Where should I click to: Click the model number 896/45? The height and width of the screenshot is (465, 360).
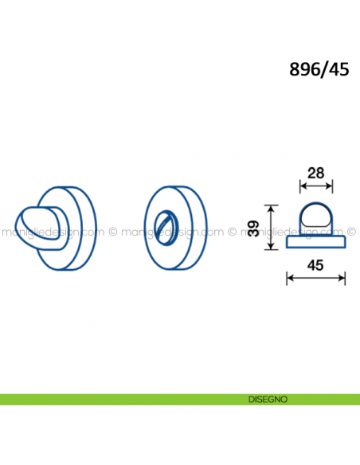click(319, 70)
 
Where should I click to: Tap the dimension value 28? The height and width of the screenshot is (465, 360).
click(316, 174)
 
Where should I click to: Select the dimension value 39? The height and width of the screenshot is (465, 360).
click(254, 229)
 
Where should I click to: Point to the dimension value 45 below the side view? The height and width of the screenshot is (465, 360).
click(315, 265)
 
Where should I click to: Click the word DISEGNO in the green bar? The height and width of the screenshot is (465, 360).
click(268, 400)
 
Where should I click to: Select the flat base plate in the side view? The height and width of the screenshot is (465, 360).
click(316, 242)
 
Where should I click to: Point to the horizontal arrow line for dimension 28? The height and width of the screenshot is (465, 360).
click(316, 186)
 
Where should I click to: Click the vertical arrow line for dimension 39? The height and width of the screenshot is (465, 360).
click(271, 228)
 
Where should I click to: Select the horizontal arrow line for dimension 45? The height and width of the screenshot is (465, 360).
click(316, 278)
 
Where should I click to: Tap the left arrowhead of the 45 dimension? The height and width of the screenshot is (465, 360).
click(290, 278)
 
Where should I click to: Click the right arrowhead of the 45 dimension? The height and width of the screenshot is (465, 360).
click(342, 278)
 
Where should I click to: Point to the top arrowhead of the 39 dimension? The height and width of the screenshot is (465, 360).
click(271, 209)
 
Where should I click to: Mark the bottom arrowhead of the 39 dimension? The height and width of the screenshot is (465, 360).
click(271, 246)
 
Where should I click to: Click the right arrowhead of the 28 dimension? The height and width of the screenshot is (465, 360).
click(329, 186)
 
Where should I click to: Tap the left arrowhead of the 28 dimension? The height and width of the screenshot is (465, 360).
click(303, 186)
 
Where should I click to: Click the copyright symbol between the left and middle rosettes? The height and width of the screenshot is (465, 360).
click(113, 232)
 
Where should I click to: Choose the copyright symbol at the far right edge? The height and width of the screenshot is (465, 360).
click(351, 232)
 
